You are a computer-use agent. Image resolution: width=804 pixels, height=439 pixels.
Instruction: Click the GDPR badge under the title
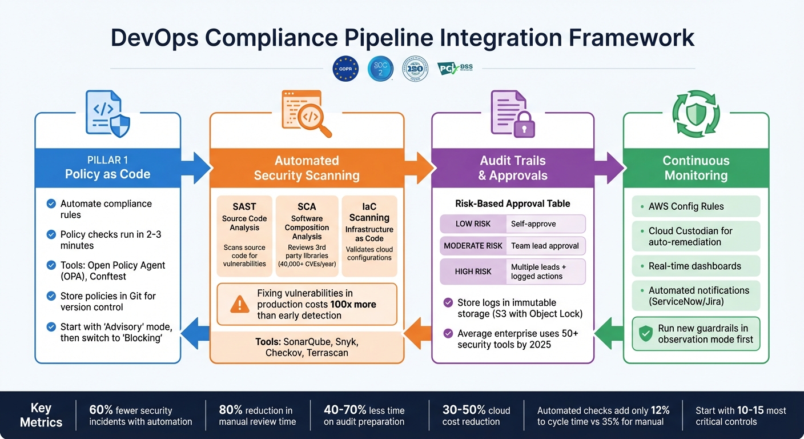coord(345,68)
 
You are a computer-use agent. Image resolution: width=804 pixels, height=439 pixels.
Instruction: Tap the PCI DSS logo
coord(455,68)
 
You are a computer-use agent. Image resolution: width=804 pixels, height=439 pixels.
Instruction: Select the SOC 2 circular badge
coord(380,68)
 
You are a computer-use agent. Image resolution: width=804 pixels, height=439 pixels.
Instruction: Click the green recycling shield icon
coord(696,113)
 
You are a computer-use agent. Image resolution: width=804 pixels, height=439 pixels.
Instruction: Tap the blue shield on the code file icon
coord(119,125)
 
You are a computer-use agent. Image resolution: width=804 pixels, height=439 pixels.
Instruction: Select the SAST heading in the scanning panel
coord(244,207)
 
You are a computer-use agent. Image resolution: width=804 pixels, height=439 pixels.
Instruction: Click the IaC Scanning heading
coord(369,211)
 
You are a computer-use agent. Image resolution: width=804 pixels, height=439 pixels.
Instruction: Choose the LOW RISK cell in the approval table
coord(473,224)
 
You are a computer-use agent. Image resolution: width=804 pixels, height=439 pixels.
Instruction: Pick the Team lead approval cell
coord(545,246)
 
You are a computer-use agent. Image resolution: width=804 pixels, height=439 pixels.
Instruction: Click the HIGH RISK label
coord(473,272)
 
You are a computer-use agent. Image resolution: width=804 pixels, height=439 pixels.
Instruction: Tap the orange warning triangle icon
coord(239,305)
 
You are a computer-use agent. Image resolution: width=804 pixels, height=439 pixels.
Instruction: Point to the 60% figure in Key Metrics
coord(100,410)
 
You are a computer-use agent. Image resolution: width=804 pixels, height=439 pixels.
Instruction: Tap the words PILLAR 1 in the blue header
coord(107,161)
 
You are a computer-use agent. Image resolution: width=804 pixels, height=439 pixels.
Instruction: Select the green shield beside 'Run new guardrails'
coord(645,334)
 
